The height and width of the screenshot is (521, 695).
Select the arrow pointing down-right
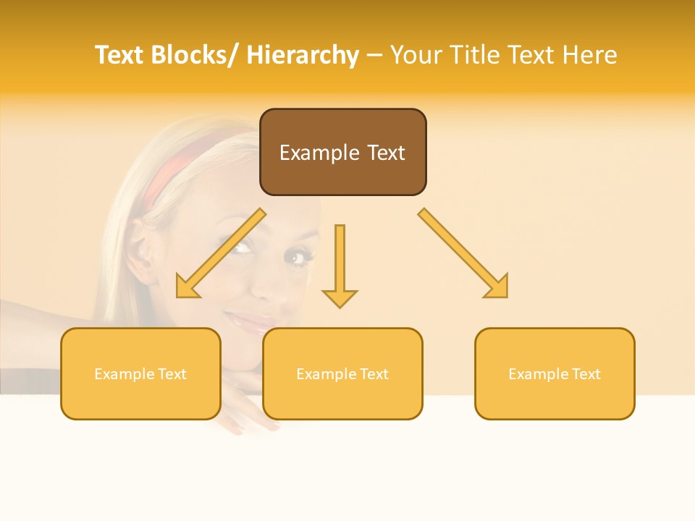tap(464, 254)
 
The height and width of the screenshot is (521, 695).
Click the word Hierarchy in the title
tap(303, 55)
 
